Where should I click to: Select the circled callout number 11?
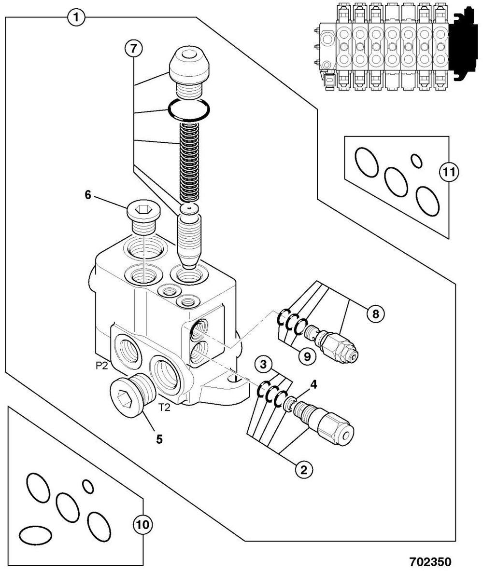449,173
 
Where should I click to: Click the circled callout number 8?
375,314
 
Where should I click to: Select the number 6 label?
87,195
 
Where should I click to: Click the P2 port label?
101,366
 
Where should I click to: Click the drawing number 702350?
430,562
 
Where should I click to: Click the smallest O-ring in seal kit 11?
416,161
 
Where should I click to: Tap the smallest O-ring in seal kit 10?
88,486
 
